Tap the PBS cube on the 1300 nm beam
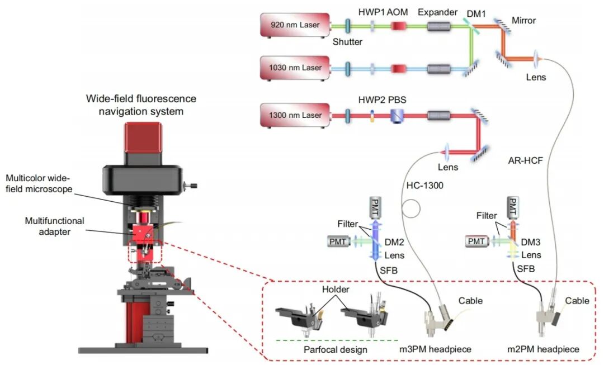398,115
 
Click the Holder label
336,291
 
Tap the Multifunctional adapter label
55,225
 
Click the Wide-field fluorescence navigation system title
141,105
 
